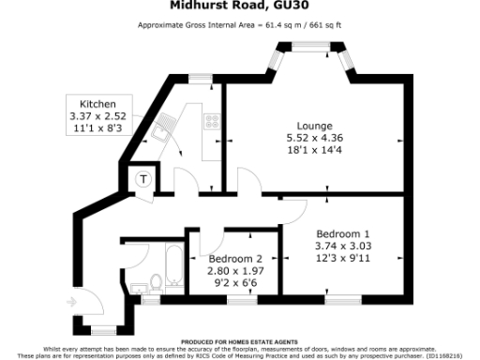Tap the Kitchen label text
97,103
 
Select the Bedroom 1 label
343,233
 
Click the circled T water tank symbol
144,179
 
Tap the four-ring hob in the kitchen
211,122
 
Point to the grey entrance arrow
74,302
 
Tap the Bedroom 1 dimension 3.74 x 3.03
343,247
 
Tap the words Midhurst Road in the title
217,5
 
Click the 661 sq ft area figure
322,24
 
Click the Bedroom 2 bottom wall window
242,302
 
